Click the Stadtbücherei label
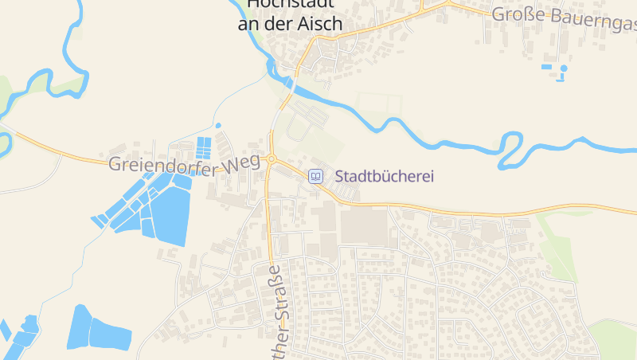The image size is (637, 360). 385,176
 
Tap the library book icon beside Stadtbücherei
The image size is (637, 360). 316,176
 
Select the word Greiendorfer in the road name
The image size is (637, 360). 154,165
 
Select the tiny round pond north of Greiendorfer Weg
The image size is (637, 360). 218,125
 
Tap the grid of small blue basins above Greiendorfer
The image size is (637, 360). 205,147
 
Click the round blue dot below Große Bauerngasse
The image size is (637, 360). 564,68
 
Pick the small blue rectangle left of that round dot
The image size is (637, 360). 547,67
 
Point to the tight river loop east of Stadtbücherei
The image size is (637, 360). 507,151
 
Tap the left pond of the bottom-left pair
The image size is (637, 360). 80,327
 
